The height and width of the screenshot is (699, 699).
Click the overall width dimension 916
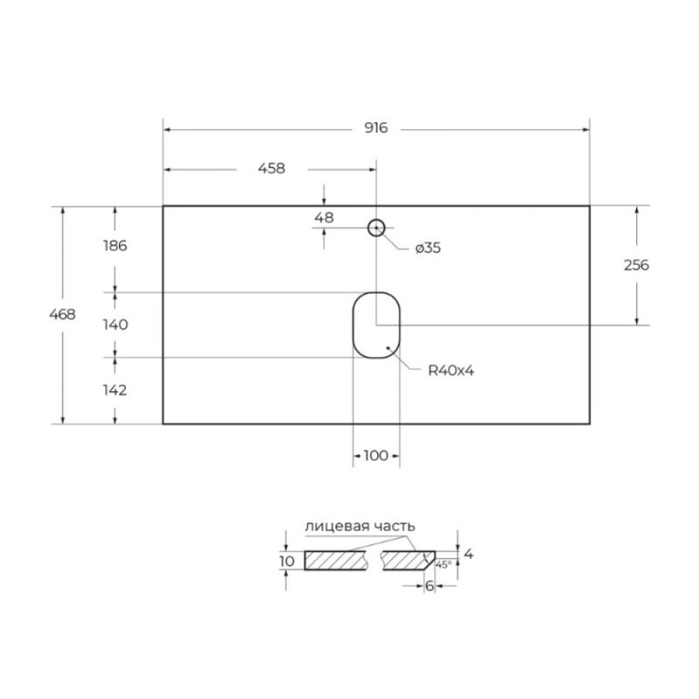[376, 128]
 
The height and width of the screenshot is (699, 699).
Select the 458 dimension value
[272, 169]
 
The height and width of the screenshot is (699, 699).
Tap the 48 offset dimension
[324, 218]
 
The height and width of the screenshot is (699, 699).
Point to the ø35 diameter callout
[428, 248]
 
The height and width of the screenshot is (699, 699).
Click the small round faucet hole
[376, 220]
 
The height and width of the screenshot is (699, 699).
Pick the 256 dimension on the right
[636, 266]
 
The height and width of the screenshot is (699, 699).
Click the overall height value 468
[62, 315]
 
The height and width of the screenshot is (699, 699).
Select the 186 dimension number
[115, 245]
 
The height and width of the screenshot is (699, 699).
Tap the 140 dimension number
[116, 325]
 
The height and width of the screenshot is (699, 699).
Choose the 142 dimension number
[115, 391]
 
